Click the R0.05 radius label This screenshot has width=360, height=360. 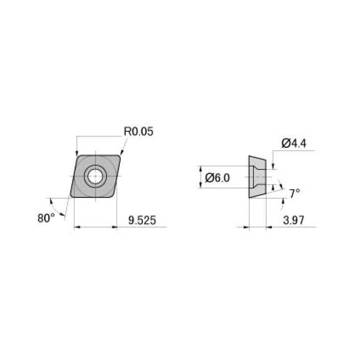point(138,132)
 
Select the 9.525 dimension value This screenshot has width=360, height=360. point(141,220)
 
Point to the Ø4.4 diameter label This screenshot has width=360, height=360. point(294,144)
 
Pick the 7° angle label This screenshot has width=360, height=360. point(294,193)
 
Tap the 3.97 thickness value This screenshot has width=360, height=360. point(293,220)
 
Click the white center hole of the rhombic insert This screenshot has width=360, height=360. point(95,176)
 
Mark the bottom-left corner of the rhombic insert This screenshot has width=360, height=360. point(71,197)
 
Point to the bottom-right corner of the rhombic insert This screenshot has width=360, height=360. point(114,197)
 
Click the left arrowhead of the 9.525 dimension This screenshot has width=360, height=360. point(77,228)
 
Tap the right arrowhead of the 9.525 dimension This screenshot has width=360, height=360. point(114,228)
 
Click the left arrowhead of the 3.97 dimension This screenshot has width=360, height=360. point(246,228)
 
